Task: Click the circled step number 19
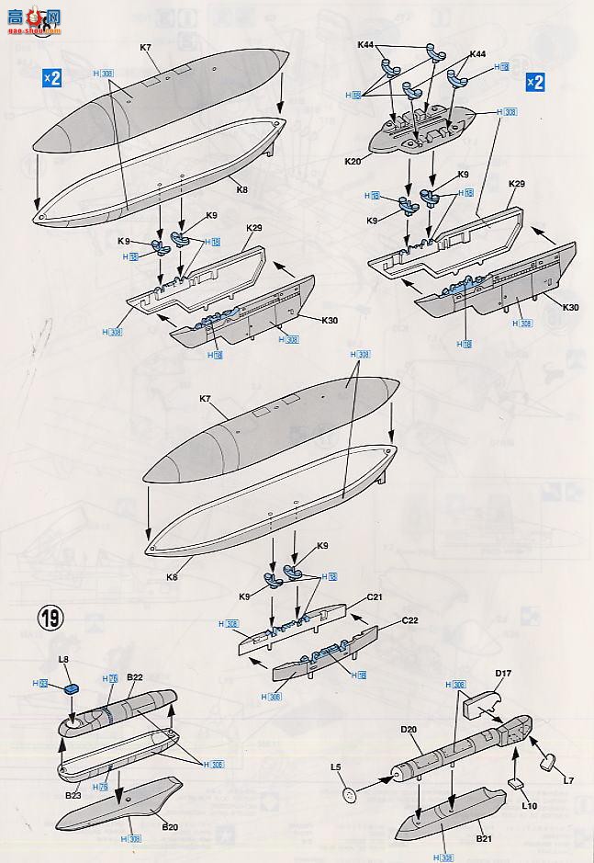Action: click(50, 618)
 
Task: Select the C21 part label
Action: click(374, 596)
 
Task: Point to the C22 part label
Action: click(409, 620)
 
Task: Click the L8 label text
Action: click(63, 659)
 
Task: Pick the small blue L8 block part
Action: click(73, 688)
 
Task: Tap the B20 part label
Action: click(170, 826)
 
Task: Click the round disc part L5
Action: click(349, 794)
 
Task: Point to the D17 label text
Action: click(502, 674)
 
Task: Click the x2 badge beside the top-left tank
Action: click(51, 78)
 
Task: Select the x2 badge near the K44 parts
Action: click(534, 82)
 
